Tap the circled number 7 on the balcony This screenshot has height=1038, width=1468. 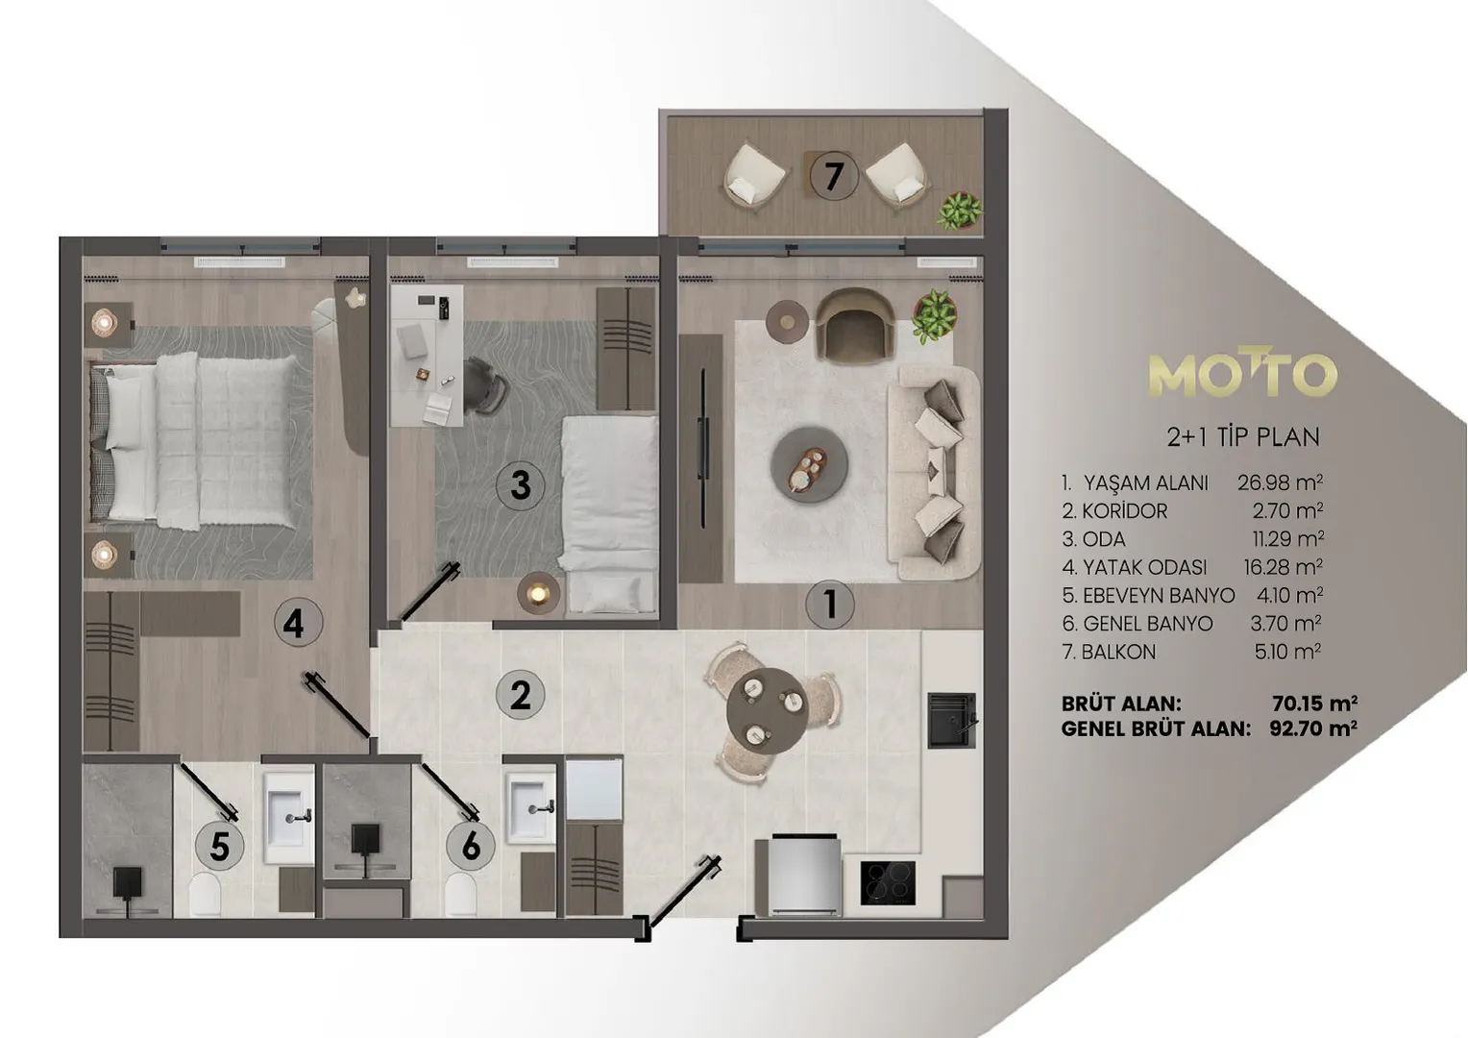[834, 176]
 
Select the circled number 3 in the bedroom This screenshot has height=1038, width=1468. [521, 486]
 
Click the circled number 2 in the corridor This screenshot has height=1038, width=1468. [521, 695]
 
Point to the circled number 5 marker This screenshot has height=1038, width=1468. [220, 846]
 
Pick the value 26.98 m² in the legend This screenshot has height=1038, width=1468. [1280, 482]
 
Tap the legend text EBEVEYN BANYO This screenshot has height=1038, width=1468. [1158, 595]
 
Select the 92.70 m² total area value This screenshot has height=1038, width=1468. [1313, 729]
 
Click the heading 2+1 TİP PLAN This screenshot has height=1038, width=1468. [1243, 436]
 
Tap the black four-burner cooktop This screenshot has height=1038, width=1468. [888, 883]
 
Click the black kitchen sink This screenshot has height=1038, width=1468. [951, 720]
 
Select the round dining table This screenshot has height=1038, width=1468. [768, 706]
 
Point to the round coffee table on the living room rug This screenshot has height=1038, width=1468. [810, 464]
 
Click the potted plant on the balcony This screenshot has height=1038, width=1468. [960, 210]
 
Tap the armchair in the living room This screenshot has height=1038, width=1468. [855, 325]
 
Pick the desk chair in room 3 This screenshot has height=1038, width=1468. [485, 385]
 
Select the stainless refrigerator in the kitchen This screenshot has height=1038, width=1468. [805, 875]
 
